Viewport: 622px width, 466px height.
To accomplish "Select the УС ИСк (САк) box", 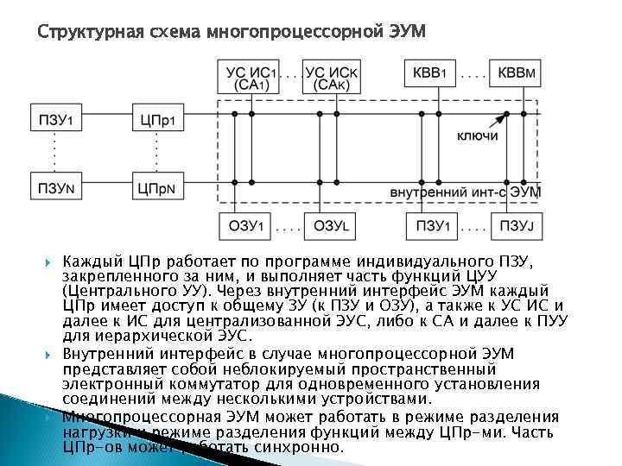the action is point(332,78).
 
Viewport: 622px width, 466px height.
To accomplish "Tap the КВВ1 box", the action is point(429,72).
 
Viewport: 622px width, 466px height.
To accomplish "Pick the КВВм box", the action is point(516,72).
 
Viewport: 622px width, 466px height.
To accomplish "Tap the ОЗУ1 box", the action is point(244,226).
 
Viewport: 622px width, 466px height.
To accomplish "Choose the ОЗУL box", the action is point(330,226).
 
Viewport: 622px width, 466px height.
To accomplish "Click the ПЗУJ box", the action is point(515,226).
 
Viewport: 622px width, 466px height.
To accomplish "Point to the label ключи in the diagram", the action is point(479,137).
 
